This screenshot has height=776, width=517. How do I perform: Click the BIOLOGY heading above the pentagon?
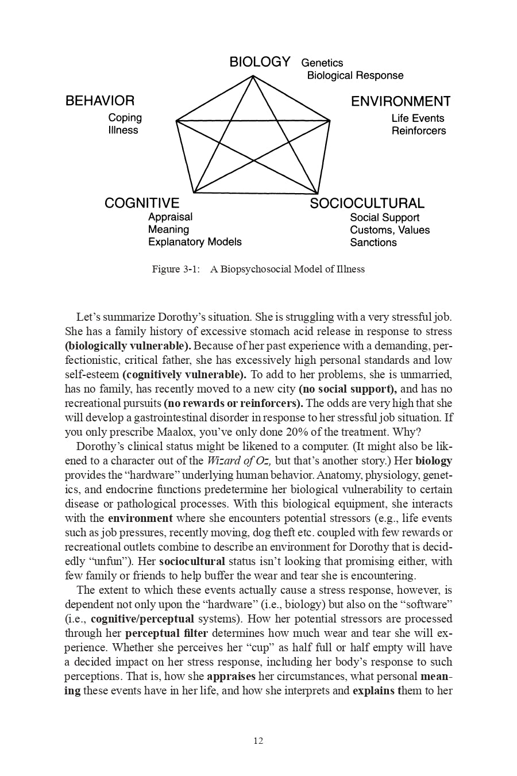point(260,62)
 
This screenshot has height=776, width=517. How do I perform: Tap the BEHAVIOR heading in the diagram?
point(100,101)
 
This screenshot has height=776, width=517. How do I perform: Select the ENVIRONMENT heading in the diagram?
point(400,102)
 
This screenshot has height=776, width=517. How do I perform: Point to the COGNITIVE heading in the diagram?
point(142,203)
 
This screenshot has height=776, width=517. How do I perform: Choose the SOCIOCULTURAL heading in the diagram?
point(367,203)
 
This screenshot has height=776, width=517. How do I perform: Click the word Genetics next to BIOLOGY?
point(322,63)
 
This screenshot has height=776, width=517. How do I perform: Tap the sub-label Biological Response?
point(355,76)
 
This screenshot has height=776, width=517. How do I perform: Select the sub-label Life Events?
point(418,118)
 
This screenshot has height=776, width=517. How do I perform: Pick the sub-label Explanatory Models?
point(195,242)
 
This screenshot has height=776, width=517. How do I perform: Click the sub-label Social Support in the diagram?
point(384,218)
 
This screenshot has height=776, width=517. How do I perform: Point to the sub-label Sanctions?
point(373,243)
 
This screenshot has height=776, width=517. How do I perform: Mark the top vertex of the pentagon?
point(252,76)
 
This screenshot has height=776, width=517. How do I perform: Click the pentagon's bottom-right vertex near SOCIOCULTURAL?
point(317,193)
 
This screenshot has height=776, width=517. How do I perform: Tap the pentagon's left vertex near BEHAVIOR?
point(176,121)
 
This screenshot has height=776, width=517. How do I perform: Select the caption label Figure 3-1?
point(175,270)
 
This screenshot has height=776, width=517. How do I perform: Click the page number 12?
point(258,741)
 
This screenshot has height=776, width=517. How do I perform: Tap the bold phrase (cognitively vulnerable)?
point(184,375)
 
